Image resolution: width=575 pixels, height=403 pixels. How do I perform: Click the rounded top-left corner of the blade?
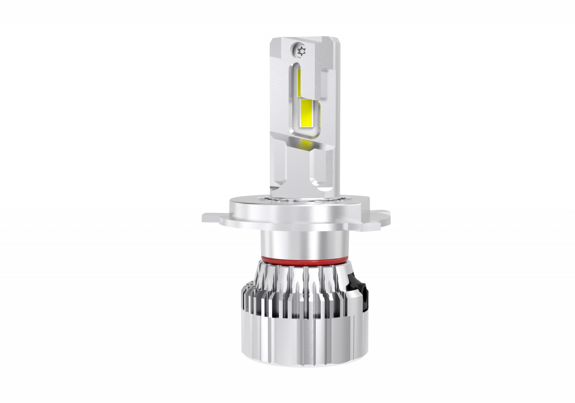273,40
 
